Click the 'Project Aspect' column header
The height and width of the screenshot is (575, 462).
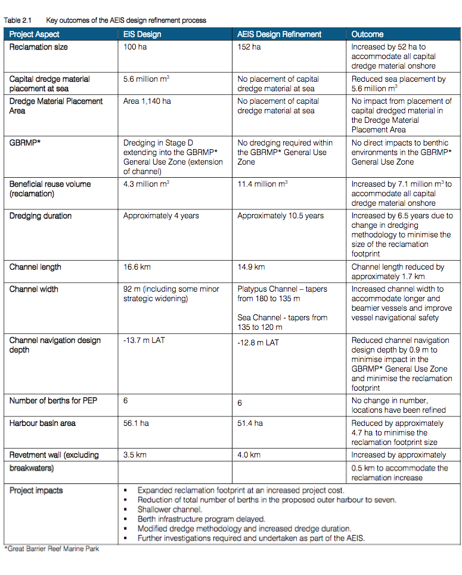click(34, 35)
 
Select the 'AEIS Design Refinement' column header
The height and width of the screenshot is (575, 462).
click(280, 35)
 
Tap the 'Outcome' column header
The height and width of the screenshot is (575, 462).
click(367, 35)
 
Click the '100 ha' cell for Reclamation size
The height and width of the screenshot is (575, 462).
click(135, 47)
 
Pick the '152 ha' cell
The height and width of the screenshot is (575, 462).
click(249, 47)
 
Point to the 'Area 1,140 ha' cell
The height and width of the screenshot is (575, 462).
click(147, 101)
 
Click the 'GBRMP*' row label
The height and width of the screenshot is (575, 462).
click(23, 143)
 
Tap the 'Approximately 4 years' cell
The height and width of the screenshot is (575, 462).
click(161, 216)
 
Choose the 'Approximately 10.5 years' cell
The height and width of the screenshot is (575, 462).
click(280, 216)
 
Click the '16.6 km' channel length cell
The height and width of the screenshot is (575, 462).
click(137, 267)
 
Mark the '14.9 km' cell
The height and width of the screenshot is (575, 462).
click(251, 267)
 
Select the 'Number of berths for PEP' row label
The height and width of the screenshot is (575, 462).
click(53, 401)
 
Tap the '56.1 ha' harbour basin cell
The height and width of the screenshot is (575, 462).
click(136, 423)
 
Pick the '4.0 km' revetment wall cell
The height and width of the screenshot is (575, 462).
click(249, 455)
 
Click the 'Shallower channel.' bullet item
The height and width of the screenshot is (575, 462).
click(170, 509)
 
